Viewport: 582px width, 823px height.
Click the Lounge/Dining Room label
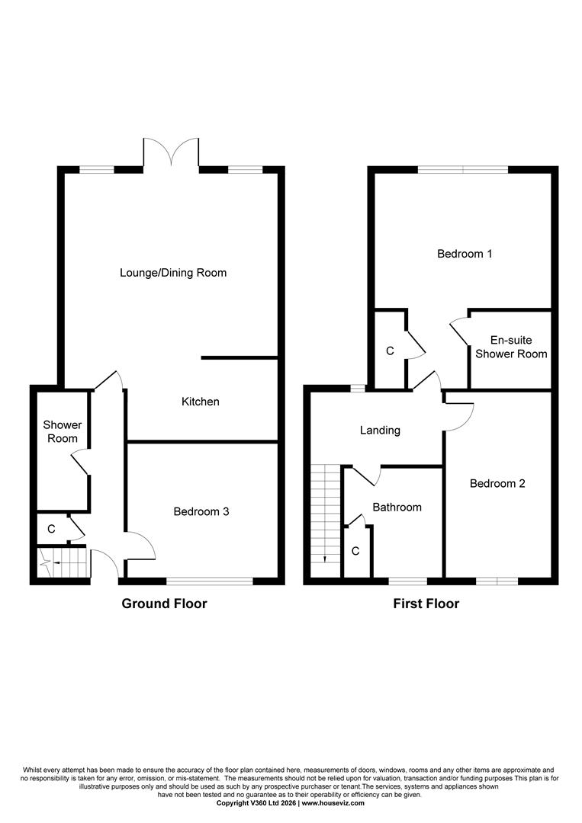pos(173,272)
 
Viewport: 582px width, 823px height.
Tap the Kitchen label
pos(201,402)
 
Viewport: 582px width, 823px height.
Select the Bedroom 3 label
pos(201,512)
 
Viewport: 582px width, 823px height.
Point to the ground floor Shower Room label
pos(62,431)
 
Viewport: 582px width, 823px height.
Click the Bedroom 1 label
pos(464,254)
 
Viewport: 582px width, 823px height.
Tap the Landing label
pos(380,431)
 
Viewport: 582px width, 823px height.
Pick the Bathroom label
pos(397,507)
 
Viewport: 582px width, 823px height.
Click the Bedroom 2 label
pos(497,483)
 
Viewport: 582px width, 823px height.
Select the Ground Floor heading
pos(165,604)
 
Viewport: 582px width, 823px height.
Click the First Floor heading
pos(426,604)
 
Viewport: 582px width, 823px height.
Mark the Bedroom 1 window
pos(462,170)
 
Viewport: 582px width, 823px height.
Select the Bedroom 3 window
pos(210,581)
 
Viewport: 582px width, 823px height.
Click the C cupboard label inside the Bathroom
pos(355,551)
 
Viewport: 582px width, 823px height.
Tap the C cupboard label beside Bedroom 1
pos(390,351)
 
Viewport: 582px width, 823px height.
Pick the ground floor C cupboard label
pos(51,529)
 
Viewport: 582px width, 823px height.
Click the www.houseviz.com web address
pos(333,803)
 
